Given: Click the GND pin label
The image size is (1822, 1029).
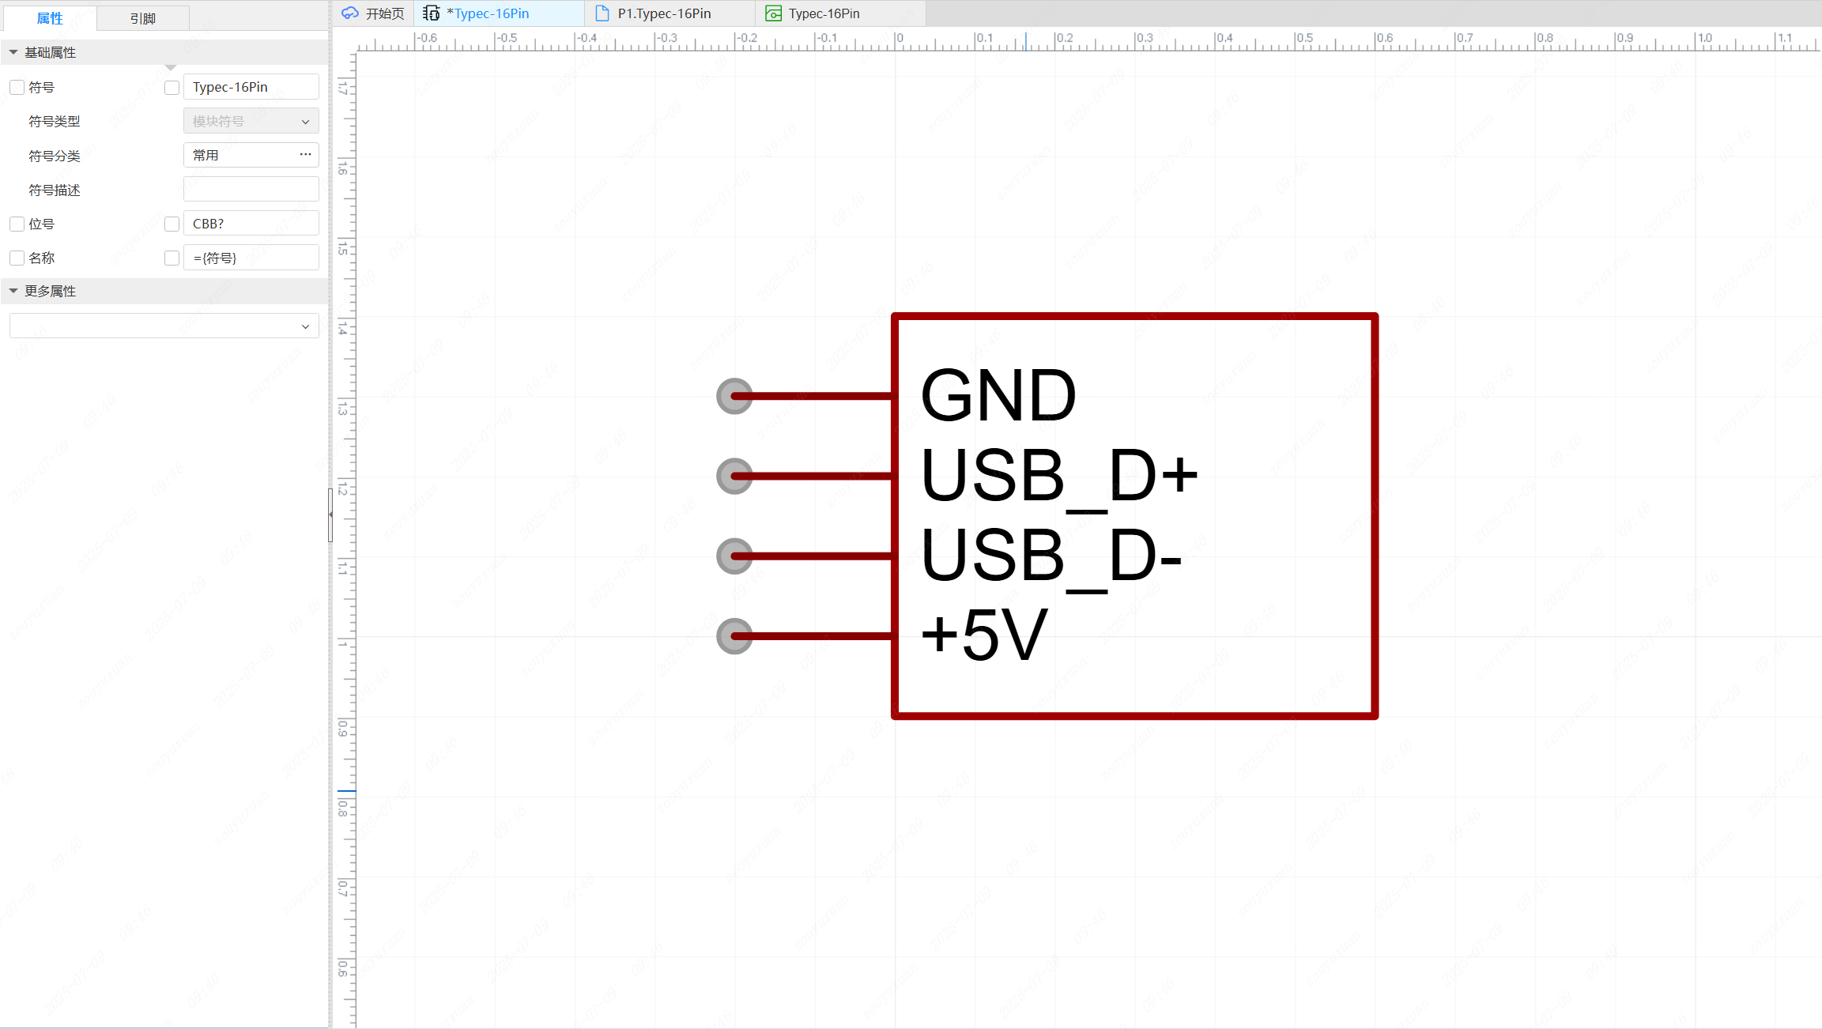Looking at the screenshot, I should click(998, 395).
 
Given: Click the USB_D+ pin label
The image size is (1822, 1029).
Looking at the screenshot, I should click(1058, 476).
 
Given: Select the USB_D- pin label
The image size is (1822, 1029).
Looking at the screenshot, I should click(1051, 556).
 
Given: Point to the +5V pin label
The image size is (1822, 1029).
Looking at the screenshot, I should click(984, 635).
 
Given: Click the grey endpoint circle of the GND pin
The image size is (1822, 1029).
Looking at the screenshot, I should click(734, 396).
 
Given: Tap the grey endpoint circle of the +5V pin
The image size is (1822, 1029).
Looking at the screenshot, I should click(734, 636).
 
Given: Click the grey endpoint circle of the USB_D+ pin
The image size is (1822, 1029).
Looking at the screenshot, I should click(734, 476).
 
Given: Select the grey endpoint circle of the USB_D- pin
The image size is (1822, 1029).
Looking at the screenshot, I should click(734, 556).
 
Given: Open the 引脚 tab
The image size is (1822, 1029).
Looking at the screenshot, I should click(142, 18).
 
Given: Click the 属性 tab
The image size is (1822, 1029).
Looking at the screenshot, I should click(50, 18).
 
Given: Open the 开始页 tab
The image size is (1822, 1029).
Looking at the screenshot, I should click(374, 13).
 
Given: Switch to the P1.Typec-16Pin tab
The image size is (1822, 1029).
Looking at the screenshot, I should click(663, 13).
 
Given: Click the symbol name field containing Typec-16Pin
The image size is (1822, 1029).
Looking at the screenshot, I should click(251, 87).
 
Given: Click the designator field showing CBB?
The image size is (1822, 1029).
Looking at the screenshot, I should click(251, 224).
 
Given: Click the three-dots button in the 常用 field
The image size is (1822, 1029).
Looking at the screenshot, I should click(305, 155).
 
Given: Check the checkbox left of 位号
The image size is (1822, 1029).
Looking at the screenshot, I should click(17, 224).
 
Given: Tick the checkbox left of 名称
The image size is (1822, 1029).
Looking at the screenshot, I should click(17, 258).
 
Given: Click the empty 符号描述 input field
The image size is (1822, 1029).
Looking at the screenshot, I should click(251, 190).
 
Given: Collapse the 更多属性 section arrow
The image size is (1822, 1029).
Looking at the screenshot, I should click(13, 292).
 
